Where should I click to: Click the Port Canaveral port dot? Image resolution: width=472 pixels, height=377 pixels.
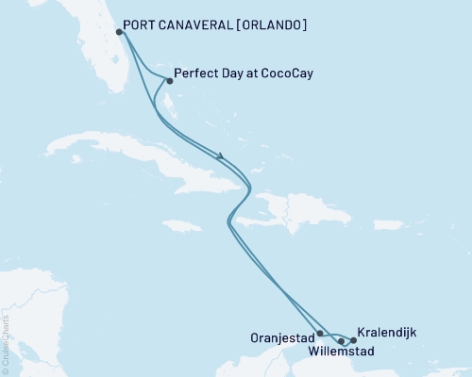coord(118,31)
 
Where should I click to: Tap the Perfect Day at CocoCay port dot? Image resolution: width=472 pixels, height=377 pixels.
coord(169,80)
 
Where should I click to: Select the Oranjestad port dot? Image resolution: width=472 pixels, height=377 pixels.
coord(321,333)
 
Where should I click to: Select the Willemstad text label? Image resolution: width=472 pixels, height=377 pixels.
coord(341,352)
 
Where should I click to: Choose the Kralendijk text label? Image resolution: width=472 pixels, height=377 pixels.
coord(387,333)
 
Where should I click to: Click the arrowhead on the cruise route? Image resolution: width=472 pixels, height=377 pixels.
coord(220,156)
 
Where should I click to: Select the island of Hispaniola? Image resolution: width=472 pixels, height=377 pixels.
coord(274,209)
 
